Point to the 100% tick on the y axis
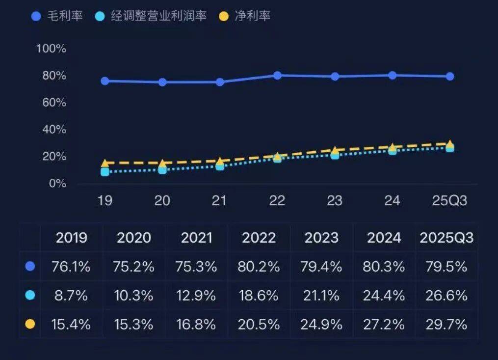(51, 49)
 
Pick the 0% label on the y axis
(57, 183)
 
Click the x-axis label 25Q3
(449, 201)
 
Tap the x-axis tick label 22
(277, 201)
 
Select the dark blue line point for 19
(105, 81)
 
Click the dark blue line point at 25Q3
(449, 76)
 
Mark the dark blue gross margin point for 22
(277, 75)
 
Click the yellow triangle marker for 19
(105, 164)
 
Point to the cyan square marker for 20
(162, 169)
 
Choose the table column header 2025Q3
(446, 238)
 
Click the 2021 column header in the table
(197, 238)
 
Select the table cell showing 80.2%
(259, 267)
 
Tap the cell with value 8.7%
(72, 296)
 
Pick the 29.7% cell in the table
(446, 324)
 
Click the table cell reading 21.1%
(321, 296)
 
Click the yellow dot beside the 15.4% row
(30, 324)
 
